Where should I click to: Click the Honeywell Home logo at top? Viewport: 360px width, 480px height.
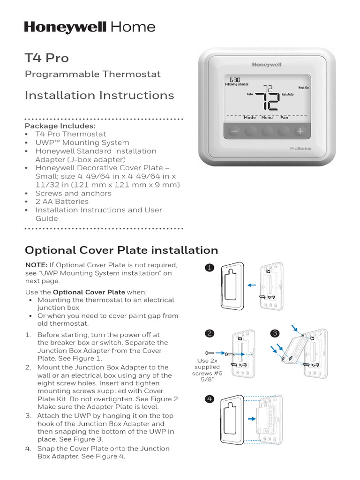click(x=90, y=27)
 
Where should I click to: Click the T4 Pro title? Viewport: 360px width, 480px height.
click(x=46, y=58)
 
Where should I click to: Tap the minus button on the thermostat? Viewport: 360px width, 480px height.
click(x=234, y=132)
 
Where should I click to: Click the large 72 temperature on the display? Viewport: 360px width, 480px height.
click(x=268, y=97)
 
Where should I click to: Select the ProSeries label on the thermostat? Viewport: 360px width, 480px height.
click(x=300, y=149)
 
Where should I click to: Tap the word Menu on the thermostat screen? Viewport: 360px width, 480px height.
click(x=267, y=118)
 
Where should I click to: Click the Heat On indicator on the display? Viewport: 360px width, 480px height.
click(x=303, y=88)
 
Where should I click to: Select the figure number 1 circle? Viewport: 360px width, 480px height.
click(x=210, y=268)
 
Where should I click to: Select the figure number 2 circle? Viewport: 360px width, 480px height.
click(x=210, y=334)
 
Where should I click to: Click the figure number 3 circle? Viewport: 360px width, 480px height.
click(x=275, y=334)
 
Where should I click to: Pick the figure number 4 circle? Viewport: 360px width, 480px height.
click(x=210, y=399)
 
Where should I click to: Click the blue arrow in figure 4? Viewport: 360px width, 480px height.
click(x=252, y=419)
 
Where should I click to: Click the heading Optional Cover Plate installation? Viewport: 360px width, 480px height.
click(x=121, y=250)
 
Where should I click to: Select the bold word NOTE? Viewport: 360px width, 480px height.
click(x=36, y=265)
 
